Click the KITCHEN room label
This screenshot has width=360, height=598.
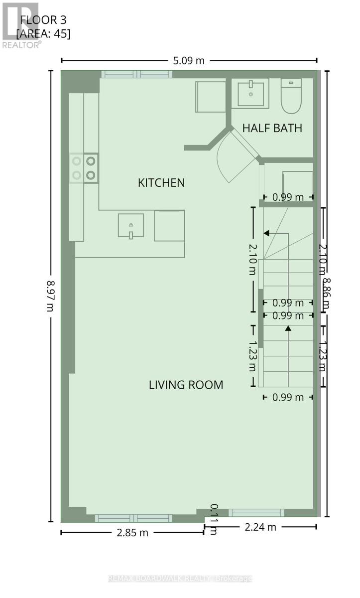[x=161, y=183]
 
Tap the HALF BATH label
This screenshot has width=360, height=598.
[x=272, y=128]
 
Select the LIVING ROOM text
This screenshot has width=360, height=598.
[x=186, y=385]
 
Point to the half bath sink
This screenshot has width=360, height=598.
[x=250, y=93]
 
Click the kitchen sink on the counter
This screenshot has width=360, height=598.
[x=131, y=226]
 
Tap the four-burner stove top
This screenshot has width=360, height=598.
[x=84, y=168]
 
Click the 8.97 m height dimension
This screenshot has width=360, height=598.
[x=50, y=296]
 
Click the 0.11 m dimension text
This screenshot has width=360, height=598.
[x=214, y=519]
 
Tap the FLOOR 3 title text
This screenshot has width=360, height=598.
[x=43, y=20]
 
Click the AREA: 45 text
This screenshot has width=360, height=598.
[x=43, y=34]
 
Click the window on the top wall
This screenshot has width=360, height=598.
[x=136, y=74]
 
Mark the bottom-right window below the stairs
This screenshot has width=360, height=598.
[x=256, y=512]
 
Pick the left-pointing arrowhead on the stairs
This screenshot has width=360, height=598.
[x=266, y=233]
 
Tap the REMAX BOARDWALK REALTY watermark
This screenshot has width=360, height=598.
[x=180, y=579]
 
